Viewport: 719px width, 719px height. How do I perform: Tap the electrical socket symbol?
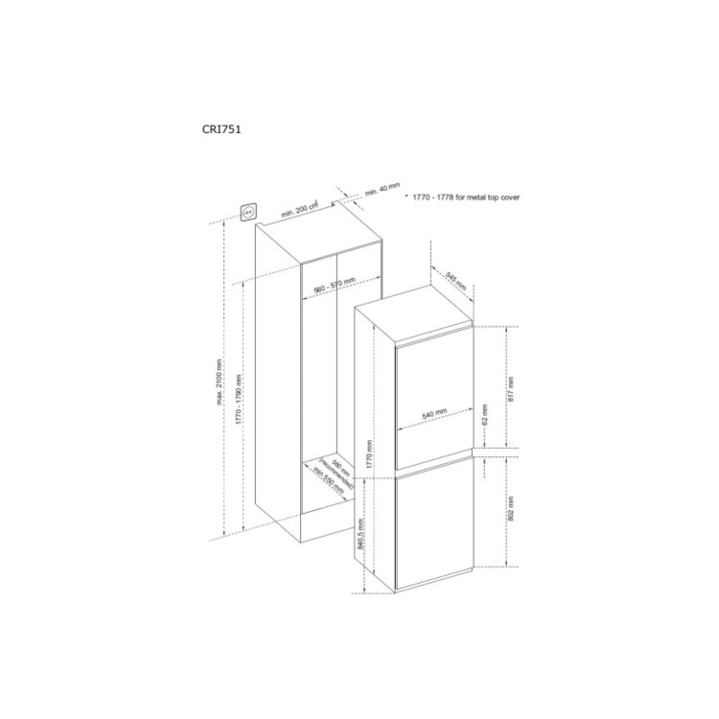point(249,210)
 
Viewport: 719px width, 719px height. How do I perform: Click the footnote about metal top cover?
point(465,196)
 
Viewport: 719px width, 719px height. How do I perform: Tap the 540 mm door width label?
point(434,412)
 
